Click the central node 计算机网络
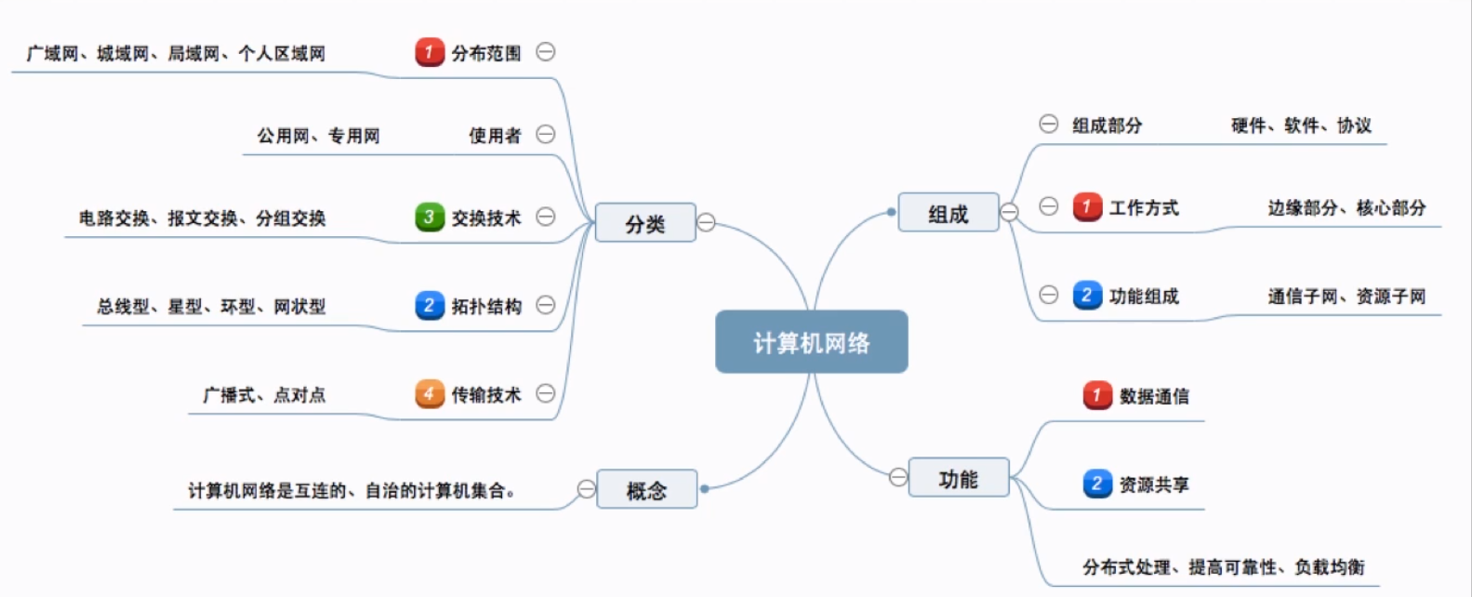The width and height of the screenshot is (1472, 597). (x=811, y=342)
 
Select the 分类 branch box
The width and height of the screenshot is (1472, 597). (x=645, y=223)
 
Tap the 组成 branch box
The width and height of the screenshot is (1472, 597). (x=948, y=213)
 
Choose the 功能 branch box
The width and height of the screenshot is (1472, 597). (x=958, y=478)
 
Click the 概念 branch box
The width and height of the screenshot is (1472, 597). (x=646, y=489)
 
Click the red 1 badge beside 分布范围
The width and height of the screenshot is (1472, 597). (x=429, y=52)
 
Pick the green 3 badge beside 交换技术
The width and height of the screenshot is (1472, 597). (x=429, y=218)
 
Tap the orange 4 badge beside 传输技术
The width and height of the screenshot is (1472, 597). (x=429, y=394)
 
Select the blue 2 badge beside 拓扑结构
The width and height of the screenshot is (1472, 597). (x=429, y=305)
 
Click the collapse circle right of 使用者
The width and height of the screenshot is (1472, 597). (x=546, y=135)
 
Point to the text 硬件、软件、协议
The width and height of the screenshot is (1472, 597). (x=1301, y=126)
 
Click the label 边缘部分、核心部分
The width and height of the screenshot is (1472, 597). (x=1346, y=207)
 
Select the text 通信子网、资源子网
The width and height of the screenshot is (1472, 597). (x=1346, y=297)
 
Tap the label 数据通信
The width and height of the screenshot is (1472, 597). (x=1154, y=396)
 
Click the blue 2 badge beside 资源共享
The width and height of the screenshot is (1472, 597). (x=1097, y=484)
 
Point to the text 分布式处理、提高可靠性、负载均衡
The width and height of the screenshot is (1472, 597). (x=1223, y=566)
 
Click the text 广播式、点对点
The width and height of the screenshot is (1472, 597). (x=264, y=395)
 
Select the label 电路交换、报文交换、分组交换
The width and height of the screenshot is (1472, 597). (x=202, y=219)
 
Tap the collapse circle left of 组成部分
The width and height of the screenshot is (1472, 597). (x=1048, y=124)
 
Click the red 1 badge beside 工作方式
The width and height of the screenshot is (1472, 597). (x=1086, y=206)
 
